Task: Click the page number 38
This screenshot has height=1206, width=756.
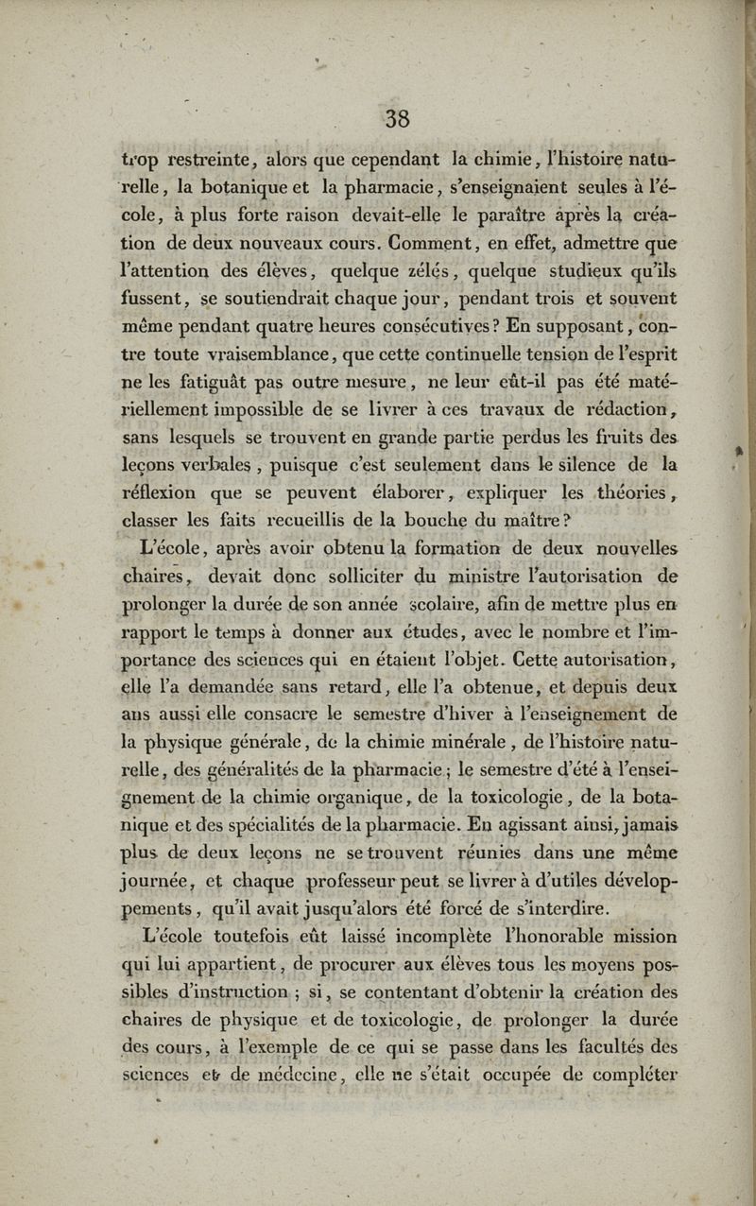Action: pos(397,118)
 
